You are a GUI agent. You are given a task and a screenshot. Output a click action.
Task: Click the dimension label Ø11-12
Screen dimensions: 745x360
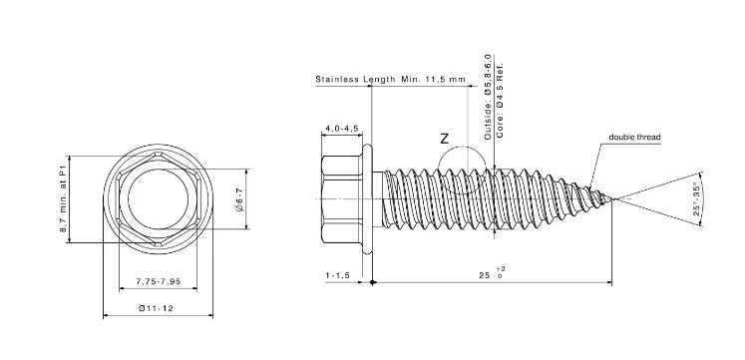coord(156,308)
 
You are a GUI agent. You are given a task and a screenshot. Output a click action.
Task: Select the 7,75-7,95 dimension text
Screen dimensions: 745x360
coord(159,281)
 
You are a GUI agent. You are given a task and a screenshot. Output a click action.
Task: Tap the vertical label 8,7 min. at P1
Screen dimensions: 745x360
coord(62,199)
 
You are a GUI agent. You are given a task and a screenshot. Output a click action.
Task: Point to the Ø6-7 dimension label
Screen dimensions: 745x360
coord(239,199)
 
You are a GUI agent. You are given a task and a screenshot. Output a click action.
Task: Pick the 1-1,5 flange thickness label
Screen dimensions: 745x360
coord(337,275)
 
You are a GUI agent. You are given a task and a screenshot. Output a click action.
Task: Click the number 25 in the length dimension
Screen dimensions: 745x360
coord(484,275)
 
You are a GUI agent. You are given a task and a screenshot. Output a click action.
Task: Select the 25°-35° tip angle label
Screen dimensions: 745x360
coord(696,199)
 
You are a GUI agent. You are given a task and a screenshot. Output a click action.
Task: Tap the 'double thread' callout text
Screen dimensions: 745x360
coord(634,138)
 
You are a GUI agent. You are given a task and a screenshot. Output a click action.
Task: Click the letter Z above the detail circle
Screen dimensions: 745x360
coord(444,139)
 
